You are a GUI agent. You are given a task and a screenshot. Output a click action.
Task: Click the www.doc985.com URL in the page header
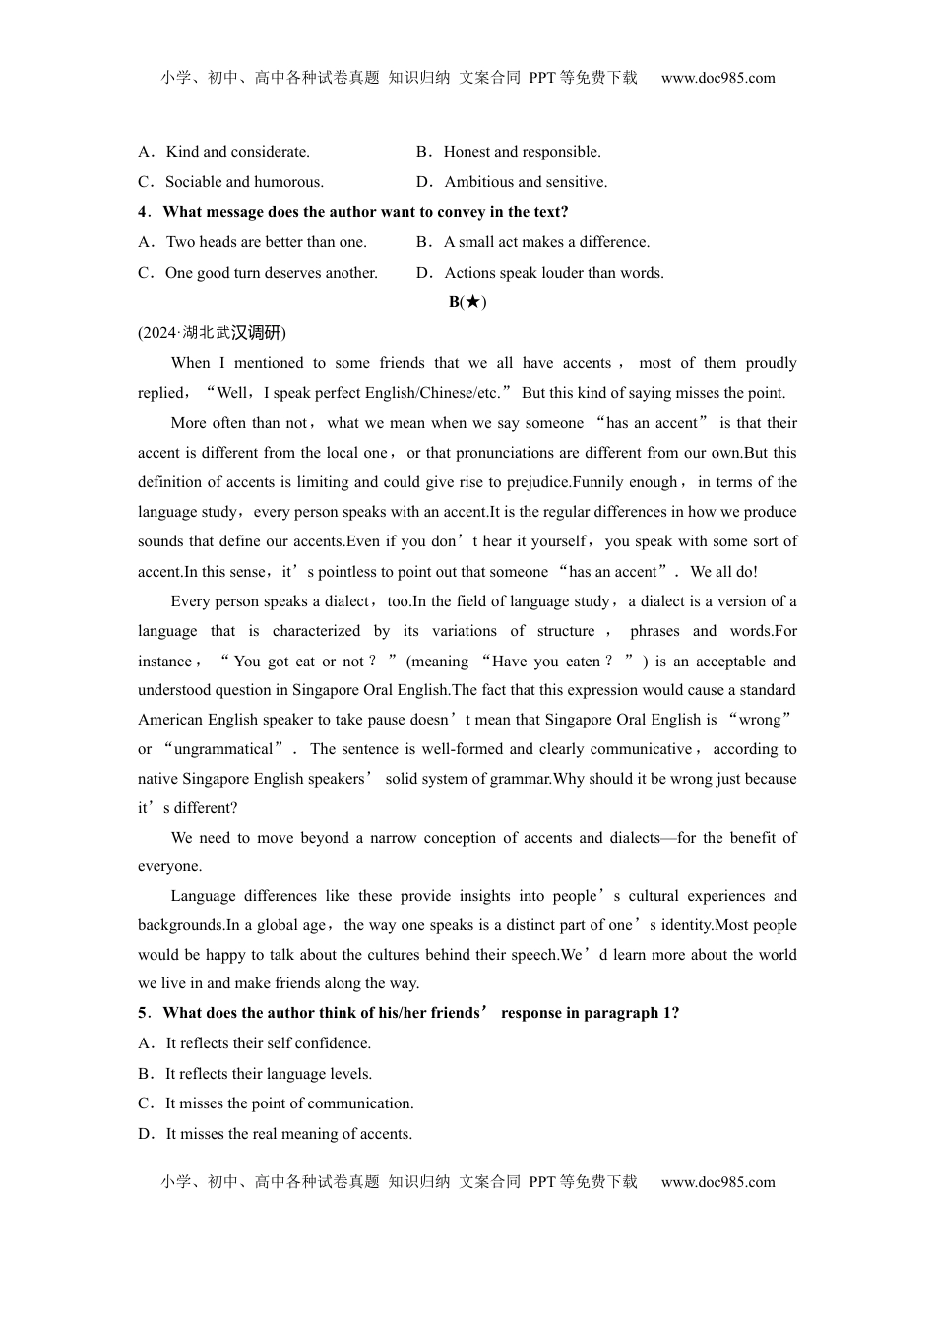point(717,78)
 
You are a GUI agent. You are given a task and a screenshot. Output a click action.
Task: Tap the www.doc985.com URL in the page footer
point(717,1182)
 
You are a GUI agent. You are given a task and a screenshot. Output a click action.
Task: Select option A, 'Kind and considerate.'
point(237,152)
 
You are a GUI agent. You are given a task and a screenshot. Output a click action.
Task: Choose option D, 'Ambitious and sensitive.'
point(526,182)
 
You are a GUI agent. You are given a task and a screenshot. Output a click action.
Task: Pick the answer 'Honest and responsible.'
point(522,152)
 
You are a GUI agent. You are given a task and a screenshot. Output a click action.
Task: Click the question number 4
point(143,212)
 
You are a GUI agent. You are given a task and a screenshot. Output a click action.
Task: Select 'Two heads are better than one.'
point(266,242)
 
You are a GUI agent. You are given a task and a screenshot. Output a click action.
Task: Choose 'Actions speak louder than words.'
point(553,273)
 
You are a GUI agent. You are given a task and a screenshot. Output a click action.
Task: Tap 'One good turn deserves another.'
point(271,273)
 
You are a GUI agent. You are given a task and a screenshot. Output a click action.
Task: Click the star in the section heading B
point(473,302)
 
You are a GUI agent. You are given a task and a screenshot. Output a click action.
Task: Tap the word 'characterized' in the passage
point(316,631)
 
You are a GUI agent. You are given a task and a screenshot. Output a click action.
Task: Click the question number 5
point(143,1013)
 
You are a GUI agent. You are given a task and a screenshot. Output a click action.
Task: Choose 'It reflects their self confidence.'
point(268,1043)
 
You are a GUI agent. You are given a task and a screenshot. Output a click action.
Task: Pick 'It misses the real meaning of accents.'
point(288,1134)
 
